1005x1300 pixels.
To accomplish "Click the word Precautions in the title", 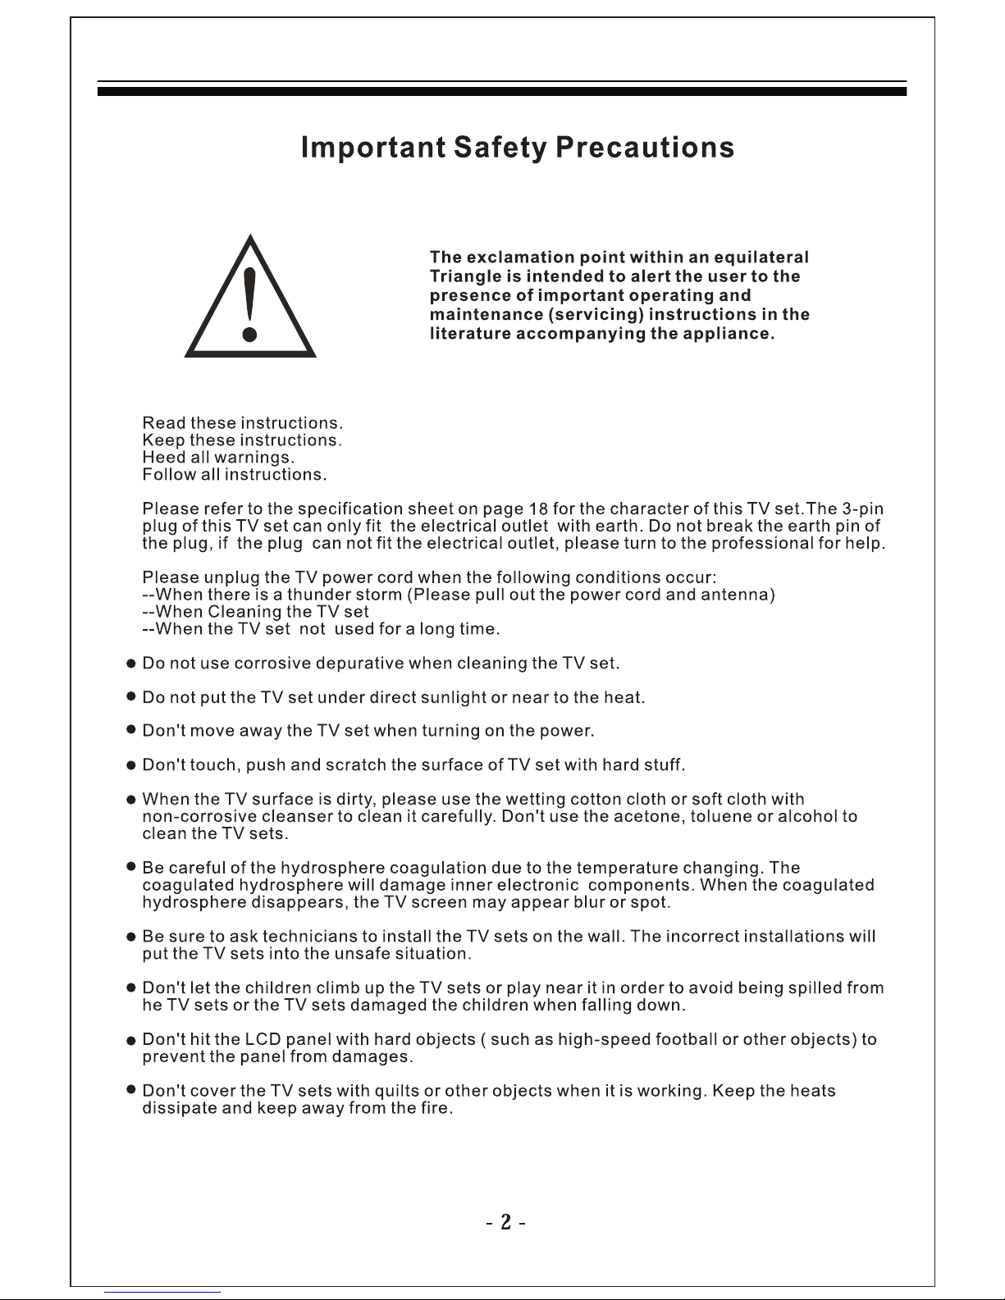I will [644, 148].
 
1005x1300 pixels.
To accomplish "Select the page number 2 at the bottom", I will [506, 1223].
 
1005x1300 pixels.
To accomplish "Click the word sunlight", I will [453, 698].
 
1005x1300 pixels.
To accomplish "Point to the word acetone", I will [640, 817].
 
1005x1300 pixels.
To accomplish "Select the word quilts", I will [396, 1092].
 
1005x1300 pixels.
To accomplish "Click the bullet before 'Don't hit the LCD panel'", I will [130, 1041].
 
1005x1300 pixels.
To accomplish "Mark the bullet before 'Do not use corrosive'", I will [130, 663].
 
